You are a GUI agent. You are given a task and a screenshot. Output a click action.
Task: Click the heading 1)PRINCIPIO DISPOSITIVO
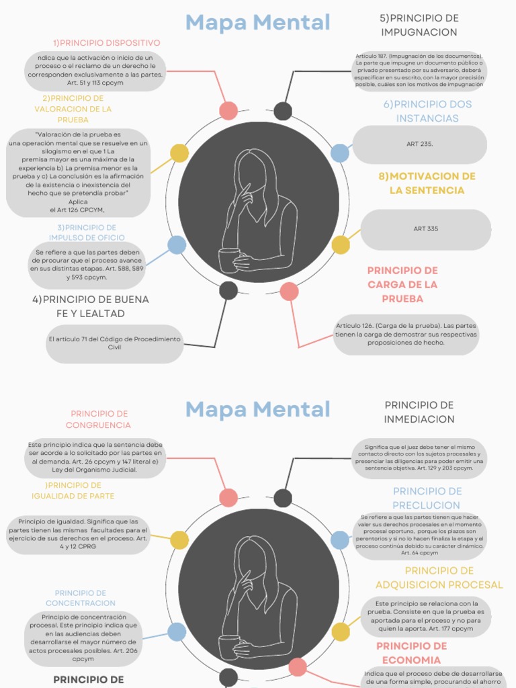(106, 43)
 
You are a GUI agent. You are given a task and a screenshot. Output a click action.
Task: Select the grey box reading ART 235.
(419, 144)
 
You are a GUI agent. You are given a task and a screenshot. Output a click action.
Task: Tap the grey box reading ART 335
(425, 229)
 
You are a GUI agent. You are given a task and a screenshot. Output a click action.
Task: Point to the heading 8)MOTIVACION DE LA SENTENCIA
(427, 183)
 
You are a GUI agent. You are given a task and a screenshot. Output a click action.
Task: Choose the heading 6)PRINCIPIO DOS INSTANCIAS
(427, 112)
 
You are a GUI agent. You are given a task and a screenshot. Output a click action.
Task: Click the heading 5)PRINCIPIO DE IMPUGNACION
(419, 25)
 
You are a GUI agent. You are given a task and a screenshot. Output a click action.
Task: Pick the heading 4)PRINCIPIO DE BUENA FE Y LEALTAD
(91, 306)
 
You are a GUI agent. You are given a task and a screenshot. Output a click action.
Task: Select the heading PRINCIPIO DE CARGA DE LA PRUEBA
(402, 284)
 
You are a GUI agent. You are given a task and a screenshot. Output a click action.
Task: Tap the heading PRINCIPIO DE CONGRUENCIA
(99, 419)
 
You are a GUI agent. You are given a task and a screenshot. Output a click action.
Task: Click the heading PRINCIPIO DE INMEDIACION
(419, 412)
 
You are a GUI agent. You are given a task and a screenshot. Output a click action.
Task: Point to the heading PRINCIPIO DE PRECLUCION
(427, 498)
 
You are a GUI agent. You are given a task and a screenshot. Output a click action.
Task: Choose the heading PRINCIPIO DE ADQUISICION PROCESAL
(439, 578)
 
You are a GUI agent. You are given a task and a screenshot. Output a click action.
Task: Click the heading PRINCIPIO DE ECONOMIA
(411, 653)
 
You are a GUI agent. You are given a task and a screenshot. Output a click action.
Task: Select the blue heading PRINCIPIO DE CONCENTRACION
(81, 598)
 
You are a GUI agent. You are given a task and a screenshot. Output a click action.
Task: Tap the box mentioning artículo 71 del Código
(114, 343)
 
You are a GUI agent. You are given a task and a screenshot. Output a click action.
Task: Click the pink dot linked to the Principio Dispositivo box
(228, 111)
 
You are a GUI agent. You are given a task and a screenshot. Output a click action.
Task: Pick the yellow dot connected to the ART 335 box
(341, 245)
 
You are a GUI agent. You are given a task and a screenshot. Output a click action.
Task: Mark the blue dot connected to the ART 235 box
(340, 153)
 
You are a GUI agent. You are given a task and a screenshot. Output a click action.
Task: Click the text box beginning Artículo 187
(419, 71)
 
